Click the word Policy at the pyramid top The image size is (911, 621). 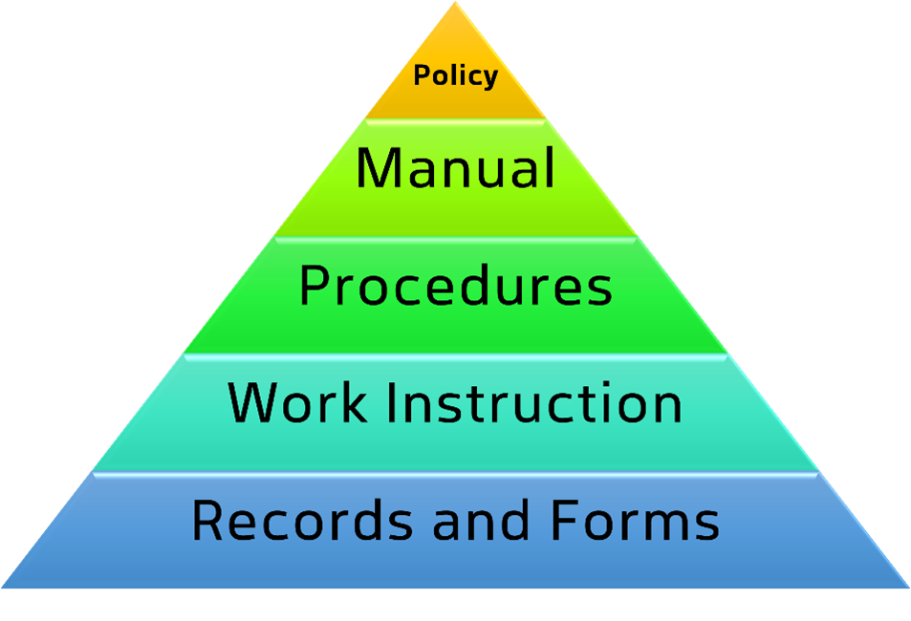coord(455,76)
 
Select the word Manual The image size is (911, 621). coord(455,168)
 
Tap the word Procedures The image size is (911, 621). coord(455,285)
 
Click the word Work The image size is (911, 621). coord(297,402)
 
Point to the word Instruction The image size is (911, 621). coord(534,402)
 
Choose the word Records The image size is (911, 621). coord(303,520)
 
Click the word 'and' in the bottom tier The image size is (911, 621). coord(481,520)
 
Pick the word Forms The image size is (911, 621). coord(635,520)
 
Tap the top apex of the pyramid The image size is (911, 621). coord(455,2)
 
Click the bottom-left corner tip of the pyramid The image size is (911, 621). coord(2,588)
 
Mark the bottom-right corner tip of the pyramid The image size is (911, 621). coord(909,588)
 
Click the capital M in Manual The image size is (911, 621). coord(379,168)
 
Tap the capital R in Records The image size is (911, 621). coord(207,520)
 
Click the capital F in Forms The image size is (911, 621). coord(564,520)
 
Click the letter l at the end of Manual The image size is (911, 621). coord(551,167)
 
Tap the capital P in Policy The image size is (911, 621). coord(422,75)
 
